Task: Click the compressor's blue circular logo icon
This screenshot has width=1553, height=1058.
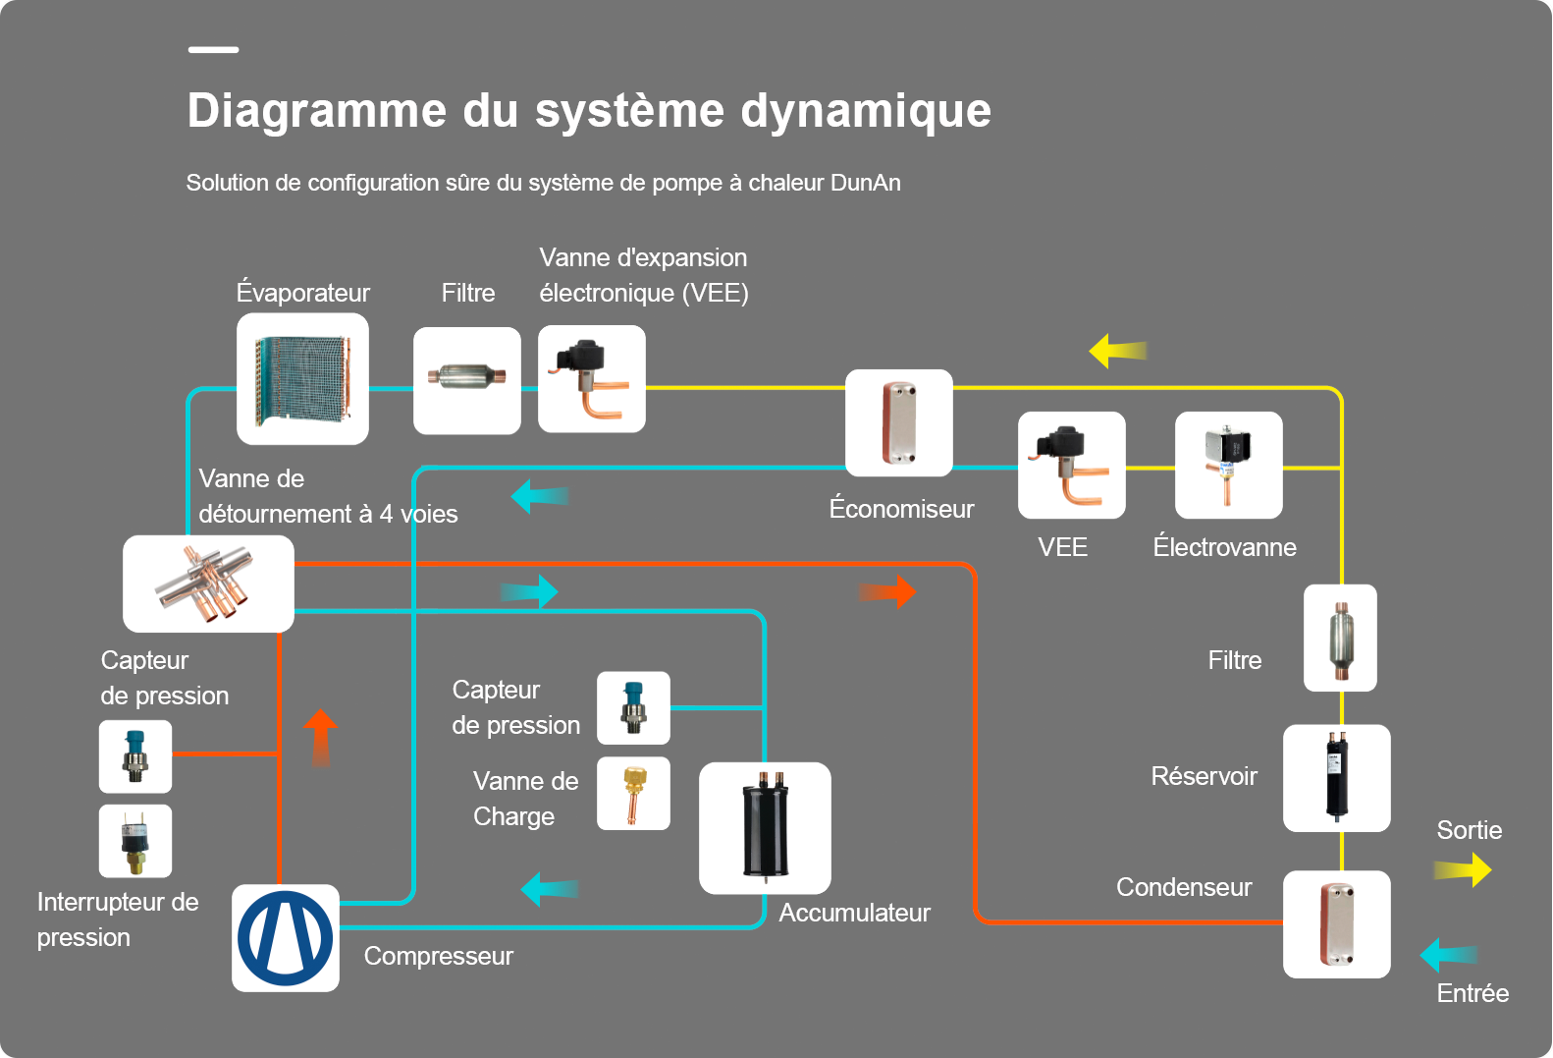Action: (285, 938)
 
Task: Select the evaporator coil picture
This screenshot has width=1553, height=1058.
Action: (302, 379)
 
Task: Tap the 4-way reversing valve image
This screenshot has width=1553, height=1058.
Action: (208, 584)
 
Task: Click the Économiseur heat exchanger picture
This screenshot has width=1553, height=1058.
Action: (898, 422)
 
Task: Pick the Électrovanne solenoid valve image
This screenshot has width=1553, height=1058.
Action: (1228, 465)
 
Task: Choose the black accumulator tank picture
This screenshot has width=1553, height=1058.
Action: (765, 828)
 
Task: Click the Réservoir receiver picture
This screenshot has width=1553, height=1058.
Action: (1337, 778)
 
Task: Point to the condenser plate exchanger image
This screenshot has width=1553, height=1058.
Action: (1337, 924)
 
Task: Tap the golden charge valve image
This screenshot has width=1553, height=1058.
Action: (634, 793)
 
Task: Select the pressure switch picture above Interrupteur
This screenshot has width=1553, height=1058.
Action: (135, 841)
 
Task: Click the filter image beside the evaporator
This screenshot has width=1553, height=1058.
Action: (467, 380)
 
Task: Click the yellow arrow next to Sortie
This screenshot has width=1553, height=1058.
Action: (1462, 869)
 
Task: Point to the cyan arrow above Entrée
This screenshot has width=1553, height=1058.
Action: (1449, 955)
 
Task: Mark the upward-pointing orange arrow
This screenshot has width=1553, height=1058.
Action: (320, 738)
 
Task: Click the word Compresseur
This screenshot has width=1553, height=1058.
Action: (438, 956)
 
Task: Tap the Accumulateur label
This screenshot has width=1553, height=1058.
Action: (854, 913)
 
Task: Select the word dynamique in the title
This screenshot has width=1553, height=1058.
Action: (866, 111)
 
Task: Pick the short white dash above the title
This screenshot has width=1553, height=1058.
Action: (214, 50)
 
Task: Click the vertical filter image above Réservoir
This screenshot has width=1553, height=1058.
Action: (1340, 638)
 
